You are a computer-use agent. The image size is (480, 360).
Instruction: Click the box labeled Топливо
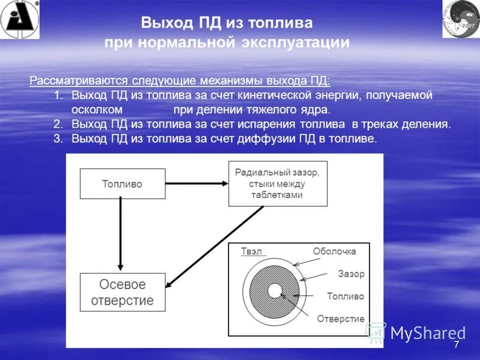tap(122, 184)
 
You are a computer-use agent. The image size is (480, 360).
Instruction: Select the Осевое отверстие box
tap(122, 292)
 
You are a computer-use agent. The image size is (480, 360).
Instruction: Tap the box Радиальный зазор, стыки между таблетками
tap(277, 184)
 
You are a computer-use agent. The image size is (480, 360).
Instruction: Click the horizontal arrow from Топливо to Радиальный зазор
tap(196, 184)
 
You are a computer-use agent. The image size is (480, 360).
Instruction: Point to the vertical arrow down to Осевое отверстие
tap(121, 234)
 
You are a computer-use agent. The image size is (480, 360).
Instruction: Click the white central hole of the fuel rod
tap(275, 291)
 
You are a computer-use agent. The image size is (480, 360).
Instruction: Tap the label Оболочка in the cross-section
tap(334, 251)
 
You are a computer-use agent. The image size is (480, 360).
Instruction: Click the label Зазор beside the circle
tap(351, 274)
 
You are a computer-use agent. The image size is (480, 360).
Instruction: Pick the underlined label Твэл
tap(252, 251)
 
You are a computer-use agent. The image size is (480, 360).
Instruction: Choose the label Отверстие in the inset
tap(340, 319)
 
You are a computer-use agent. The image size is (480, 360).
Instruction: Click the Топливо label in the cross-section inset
tap(345, 296)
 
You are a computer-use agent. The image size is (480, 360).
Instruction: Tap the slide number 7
tap(456, 346)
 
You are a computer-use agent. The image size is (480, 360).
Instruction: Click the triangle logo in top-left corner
tap(19, 19)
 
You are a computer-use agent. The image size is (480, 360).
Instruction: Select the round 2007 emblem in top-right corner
tap(461, 19)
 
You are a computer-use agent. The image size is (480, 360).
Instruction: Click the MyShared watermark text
tap(427, 333)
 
